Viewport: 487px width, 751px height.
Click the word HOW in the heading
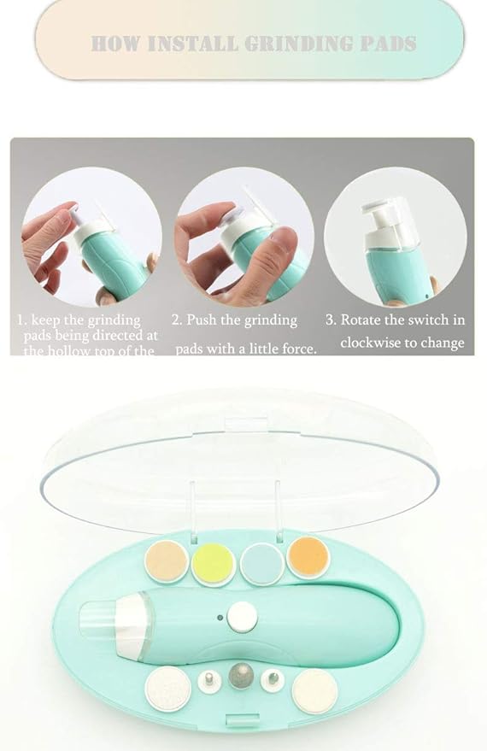(x=115, y=44)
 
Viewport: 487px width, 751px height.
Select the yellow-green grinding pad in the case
(x=213, y=564)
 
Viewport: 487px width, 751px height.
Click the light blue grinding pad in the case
(x=261, y=564)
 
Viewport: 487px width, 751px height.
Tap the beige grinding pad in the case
(x=166, y=561)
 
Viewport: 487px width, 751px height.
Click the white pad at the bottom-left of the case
(x=167, y=689)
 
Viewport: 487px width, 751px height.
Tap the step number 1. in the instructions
(x=23, y=320)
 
